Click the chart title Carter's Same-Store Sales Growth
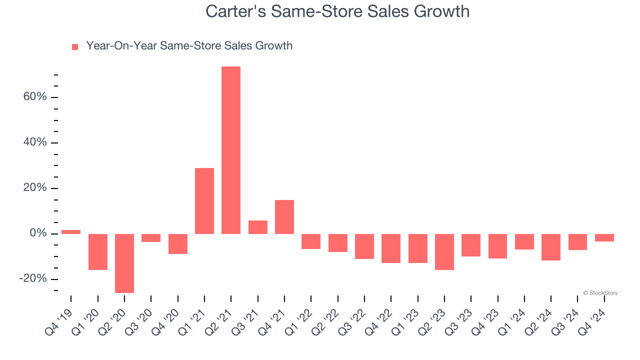click(337, 11)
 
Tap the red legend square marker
click(75, 47)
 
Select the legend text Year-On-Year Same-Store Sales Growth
click(189, 46)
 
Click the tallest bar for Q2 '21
click(231, 150)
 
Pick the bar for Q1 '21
click(204, 201)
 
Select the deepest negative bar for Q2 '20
click(124, 263)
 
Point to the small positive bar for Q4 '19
click(71, 232)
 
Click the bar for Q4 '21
click(284, 217)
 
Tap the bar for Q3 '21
click(258, 227)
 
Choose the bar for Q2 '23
click(444, 252)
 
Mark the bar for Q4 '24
click(604, 238)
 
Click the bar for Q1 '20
click(98, 252)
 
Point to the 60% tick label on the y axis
click(35, 97)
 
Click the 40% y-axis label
click(35, 142)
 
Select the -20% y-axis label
click(33, 279)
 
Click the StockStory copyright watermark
click(600, 293)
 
